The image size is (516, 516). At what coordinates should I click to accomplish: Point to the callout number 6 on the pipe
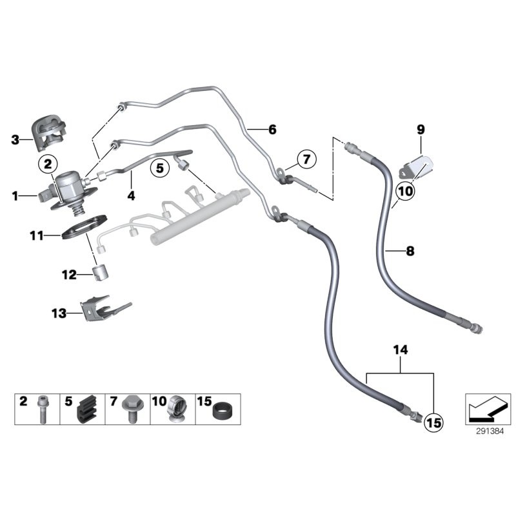(x=272, y=130)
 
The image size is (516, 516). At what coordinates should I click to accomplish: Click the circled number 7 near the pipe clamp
(x=306, y=159)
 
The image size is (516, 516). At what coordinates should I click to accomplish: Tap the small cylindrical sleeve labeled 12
(x=101, y=273)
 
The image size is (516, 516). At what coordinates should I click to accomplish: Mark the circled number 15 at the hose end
(x=433, y=423)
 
